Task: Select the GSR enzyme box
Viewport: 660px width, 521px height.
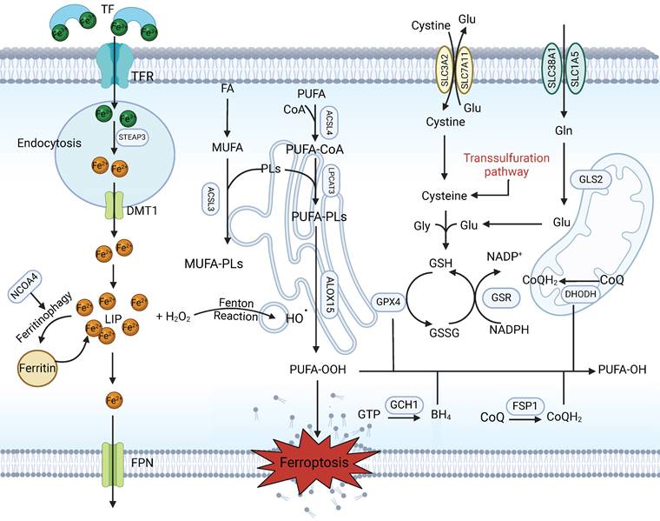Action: pos(500,296)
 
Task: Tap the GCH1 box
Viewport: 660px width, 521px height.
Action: pos(402,404)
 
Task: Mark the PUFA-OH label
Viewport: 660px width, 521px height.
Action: pos(623,371)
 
